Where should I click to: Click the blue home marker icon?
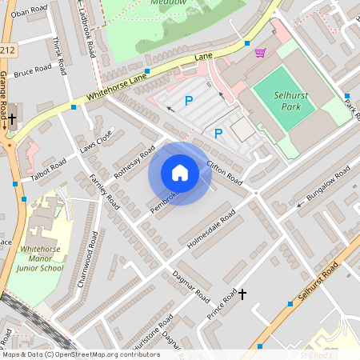pos(180,173)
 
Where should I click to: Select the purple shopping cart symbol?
pos(260,53)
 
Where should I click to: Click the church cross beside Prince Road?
pos(242,295)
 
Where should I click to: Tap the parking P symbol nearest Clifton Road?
pos(218,134)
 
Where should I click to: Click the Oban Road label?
pos(27,14)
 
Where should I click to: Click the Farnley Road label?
pos(103,191)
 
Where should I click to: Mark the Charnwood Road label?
pos(89,253)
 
